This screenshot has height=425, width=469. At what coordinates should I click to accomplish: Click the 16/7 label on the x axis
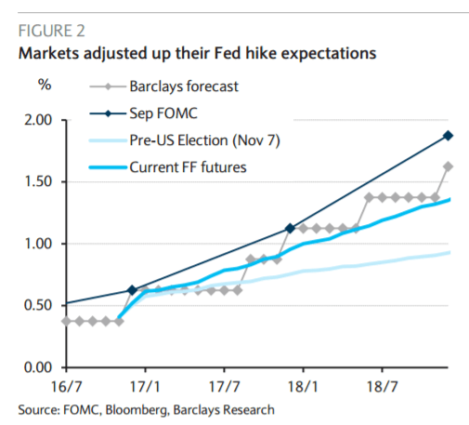pyautogui.click(x=67, y=383)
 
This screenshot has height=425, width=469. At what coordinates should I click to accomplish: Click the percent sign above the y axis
pyautogui.click(x=44, y=86)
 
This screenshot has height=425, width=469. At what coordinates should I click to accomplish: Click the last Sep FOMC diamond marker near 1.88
pyautogui.click(x=449, y=136)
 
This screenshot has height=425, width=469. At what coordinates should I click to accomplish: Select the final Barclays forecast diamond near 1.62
pyautogui.click(x=449, y=167)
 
